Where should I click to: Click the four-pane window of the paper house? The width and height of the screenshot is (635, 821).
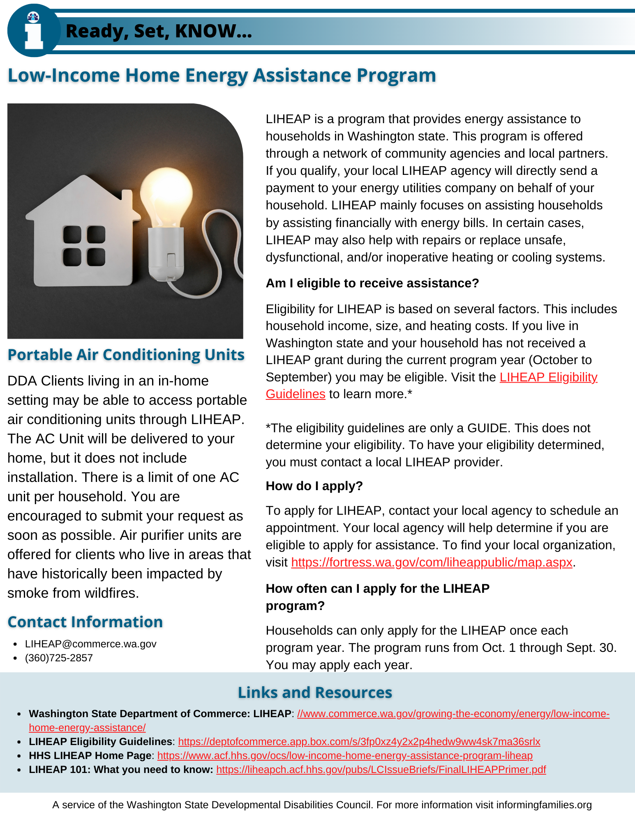click(84, 245)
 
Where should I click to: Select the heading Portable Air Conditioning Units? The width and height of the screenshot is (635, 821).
click(126, 355)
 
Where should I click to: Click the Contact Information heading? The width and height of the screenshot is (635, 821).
click(85, 622)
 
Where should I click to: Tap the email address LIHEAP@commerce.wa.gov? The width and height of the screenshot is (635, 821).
click(90, 644)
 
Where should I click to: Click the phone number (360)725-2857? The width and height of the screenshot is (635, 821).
click(59, 658)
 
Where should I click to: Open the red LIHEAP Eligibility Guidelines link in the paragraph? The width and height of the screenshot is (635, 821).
click(548, 377)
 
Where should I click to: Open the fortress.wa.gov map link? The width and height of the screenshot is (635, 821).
click(432, 562)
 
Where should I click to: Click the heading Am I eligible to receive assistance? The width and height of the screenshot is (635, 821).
click(372, 283)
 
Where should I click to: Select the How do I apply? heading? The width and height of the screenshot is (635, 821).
click(314, 486)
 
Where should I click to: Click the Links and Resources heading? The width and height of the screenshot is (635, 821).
click(315, 693)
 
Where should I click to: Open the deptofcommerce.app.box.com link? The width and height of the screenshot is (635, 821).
click(359, 741)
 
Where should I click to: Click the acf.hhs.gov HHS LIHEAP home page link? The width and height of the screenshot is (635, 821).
click(344, 755)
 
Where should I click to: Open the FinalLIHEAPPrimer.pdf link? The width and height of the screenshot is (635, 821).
click(381, 769)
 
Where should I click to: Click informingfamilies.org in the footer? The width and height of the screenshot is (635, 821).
click(544, 805)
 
